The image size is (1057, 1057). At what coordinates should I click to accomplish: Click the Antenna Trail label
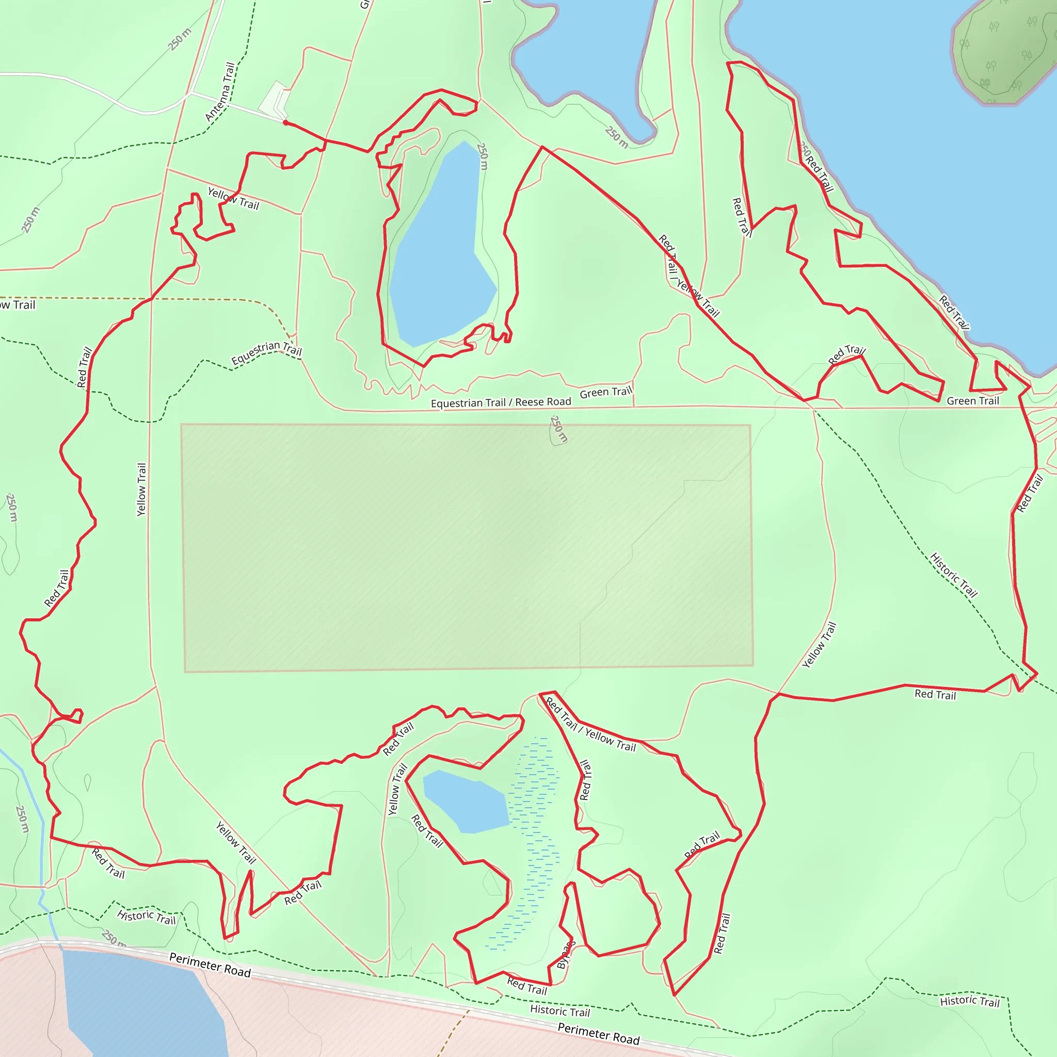point(220,91)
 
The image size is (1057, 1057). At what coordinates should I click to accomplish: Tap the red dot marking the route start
point(285,122)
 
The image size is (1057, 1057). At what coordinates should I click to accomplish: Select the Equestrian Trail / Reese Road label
point(501,403)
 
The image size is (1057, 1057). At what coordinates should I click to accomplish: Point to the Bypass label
point(566,955)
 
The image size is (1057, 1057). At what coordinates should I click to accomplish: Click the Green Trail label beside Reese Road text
point(605,392)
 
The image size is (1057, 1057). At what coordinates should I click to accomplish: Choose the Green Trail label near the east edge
point(973,401)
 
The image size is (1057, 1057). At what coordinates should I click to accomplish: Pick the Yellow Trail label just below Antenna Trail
point(234,199)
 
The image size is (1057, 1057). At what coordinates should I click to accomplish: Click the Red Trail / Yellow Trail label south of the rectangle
point(591,726)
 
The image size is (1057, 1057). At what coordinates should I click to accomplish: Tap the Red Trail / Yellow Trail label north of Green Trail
point(688,276)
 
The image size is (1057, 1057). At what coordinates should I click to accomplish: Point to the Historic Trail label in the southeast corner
point(969,1001)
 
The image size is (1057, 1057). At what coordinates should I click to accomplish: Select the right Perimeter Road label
point(598,1034)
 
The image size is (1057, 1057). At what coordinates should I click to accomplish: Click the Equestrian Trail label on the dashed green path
point(266,353)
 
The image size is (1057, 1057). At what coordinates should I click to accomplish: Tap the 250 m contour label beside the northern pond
point(482,156)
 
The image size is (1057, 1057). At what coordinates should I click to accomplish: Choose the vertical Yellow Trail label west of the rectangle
point(142,489)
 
